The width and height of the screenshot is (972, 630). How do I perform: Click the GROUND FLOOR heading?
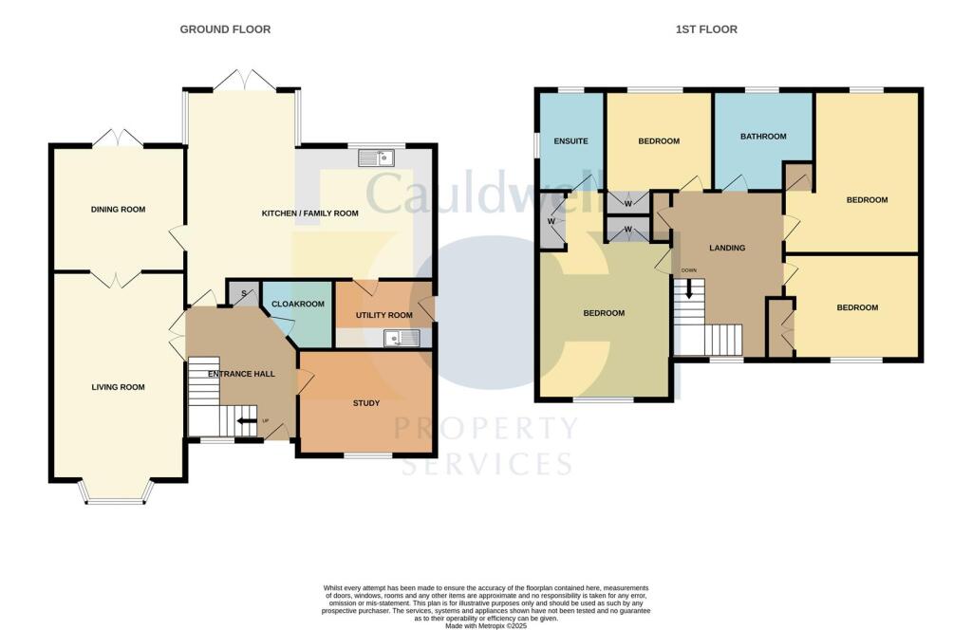click(225, 29)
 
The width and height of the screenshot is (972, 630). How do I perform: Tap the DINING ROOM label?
click(118, 209)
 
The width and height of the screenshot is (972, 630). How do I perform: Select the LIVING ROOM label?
click(118, 387)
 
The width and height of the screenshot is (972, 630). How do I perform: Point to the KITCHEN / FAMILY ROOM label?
click(309, 213)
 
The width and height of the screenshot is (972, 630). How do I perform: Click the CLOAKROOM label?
click(298, 305)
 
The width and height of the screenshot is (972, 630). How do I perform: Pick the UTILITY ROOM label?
click(383, 315)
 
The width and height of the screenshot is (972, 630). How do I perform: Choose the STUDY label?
click(366, 403)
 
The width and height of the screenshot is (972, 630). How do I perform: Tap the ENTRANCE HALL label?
click(241, 374)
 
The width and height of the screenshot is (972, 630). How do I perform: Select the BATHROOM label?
click(763, 137)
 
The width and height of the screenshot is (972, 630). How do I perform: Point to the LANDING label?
click(727, 249)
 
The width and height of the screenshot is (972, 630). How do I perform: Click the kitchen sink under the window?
click(377, 158)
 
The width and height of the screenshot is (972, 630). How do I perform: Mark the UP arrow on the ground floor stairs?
click(246, 420)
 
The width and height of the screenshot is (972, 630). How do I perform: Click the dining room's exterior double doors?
click(117, 139)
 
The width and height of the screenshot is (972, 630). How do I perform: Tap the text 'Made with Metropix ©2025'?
click(485, 623)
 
